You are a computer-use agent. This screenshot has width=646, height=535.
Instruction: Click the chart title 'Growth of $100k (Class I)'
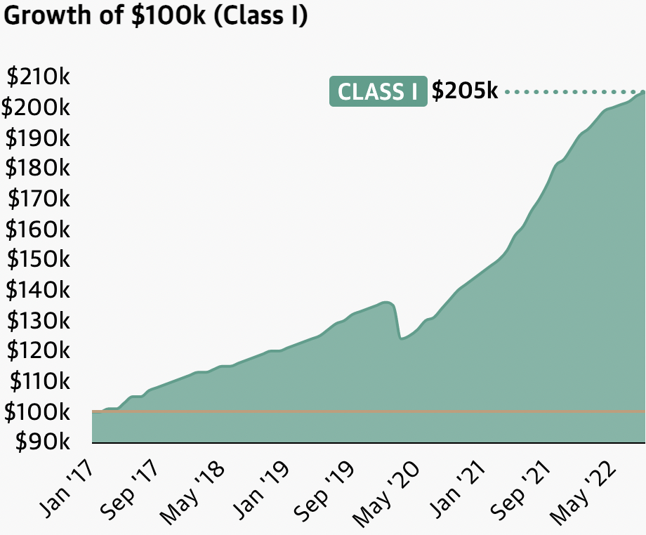tap(155, 15)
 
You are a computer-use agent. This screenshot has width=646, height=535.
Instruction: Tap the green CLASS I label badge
tap(378, 92)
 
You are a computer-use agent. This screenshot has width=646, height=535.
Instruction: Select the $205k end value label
tap(464, 91)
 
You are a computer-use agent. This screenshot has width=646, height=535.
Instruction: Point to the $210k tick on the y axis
tap(37, 77)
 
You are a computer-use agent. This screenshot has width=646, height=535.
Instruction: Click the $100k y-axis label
tap(37, 411)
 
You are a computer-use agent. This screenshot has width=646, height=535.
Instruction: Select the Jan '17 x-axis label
tap(65, 486)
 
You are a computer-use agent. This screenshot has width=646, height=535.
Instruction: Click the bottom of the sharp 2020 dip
tap(401, 338)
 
